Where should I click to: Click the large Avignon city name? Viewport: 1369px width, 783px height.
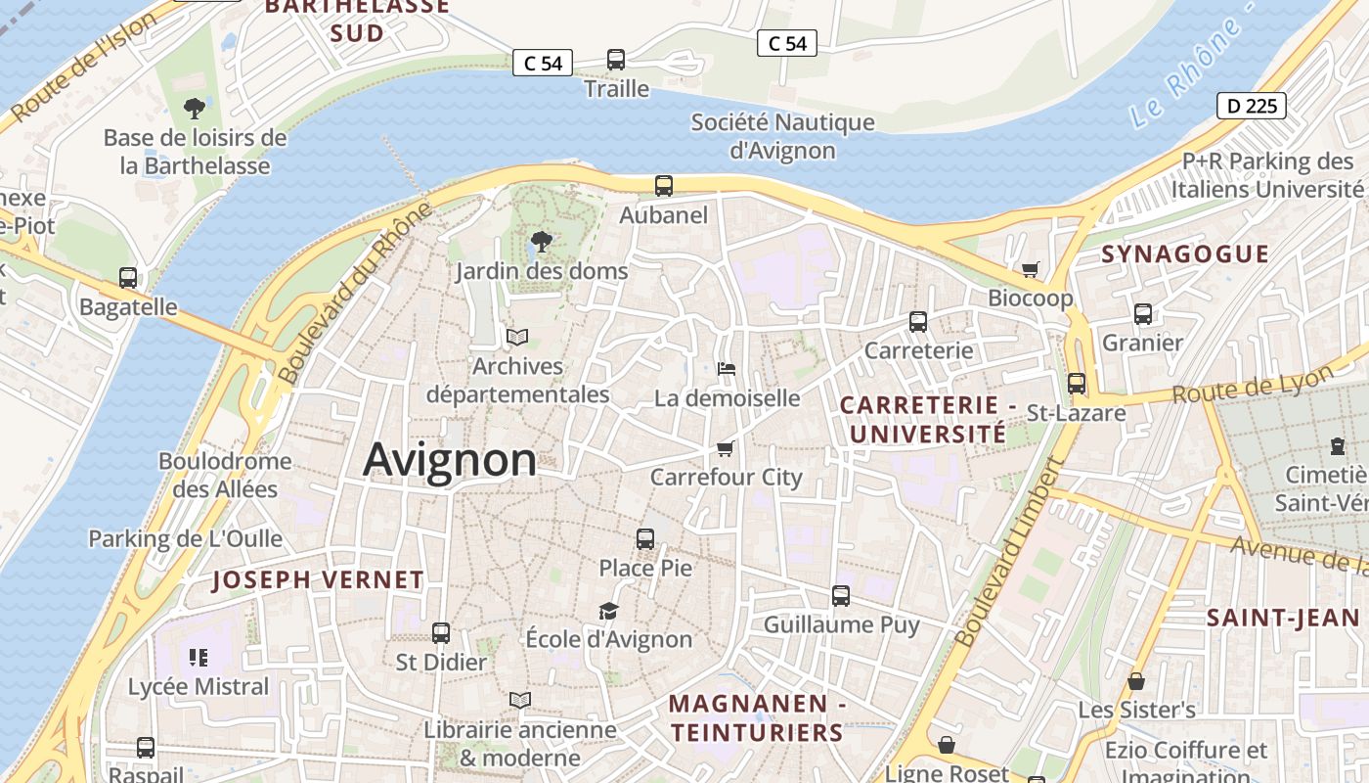click(x=450, y=460)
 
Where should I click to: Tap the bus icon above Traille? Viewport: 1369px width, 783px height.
click(x=616, y=60)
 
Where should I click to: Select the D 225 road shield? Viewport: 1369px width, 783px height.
click(x=1251, y=106)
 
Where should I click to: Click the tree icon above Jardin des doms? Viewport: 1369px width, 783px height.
click(x=541, y=241)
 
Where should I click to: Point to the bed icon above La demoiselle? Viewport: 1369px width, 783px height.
click(x=727, y=369)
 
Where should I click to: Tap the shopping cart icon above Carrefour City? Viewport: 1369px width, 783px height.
click(x=725, y=448)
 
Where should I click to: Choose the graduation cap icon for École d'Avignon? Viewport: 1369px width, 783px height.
click(x=608, y=611)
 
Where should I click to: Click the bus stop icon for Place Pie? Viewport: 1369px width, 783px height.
click(x=645, y=538)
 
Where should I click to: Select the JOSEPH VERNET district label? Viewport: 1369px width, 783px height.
click(x=318, y=579)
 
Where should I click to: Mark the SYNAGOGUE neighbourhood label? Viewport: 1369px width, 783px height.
click(x=1185, y=254)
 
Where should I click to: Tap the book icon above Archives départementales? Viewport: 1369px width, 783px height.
click(x=517, y=337)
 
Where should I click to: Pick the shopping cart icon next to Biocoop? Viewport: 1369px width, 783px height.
click(x=1030, y=268)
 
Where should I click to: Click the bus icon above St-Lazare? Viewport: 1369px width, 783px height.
click(x=1077, y=384)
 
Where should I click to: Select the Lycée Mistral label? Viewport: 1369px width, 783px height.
click(x=199, y=687)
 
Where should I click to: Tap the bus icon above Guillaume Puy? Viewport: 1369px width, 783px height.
click(x=841, y=595)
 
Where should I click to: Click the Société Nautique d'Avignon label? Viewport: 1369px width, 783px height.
click(x=782, y=136)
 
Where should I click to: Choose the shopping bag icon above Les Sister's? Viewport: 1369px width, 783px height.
click(x=1136, y=680)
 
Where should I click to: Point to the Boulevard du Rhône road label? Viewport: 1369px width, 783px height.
click(x=354, y=294)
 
